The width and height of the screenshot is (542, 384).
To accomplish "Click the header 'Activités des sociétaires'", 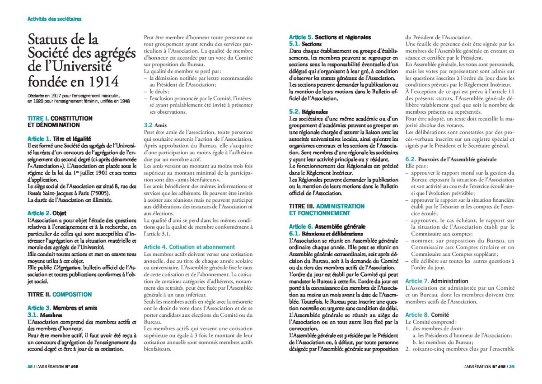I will (x=54, y=19).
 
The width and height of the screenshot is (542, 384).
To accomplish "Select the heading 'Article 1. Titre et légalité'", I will (x=59, y=139).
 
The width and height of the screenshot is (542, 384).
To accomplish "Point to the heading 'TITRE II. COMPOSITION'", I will (x=60, y=294).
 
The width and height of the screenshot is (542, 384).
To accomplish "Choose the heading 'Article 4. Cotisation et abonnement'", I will (x=182, y=247).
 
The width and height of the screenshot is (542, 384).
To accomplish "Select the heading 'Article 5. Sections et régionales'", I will (x=330, y=37).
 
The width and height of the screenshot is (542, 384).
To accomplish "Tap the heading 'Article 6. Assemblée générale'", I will (x=327, y=227).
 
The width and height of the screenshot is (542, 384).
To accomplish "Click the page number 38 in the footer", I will (x=30, y=366).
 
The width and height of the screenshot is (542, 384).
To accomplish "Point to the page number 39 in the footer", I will (x=512, y=366).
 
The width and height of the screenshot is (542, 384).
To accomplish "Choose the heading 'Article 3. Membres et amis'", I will (x=62, y=308).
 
